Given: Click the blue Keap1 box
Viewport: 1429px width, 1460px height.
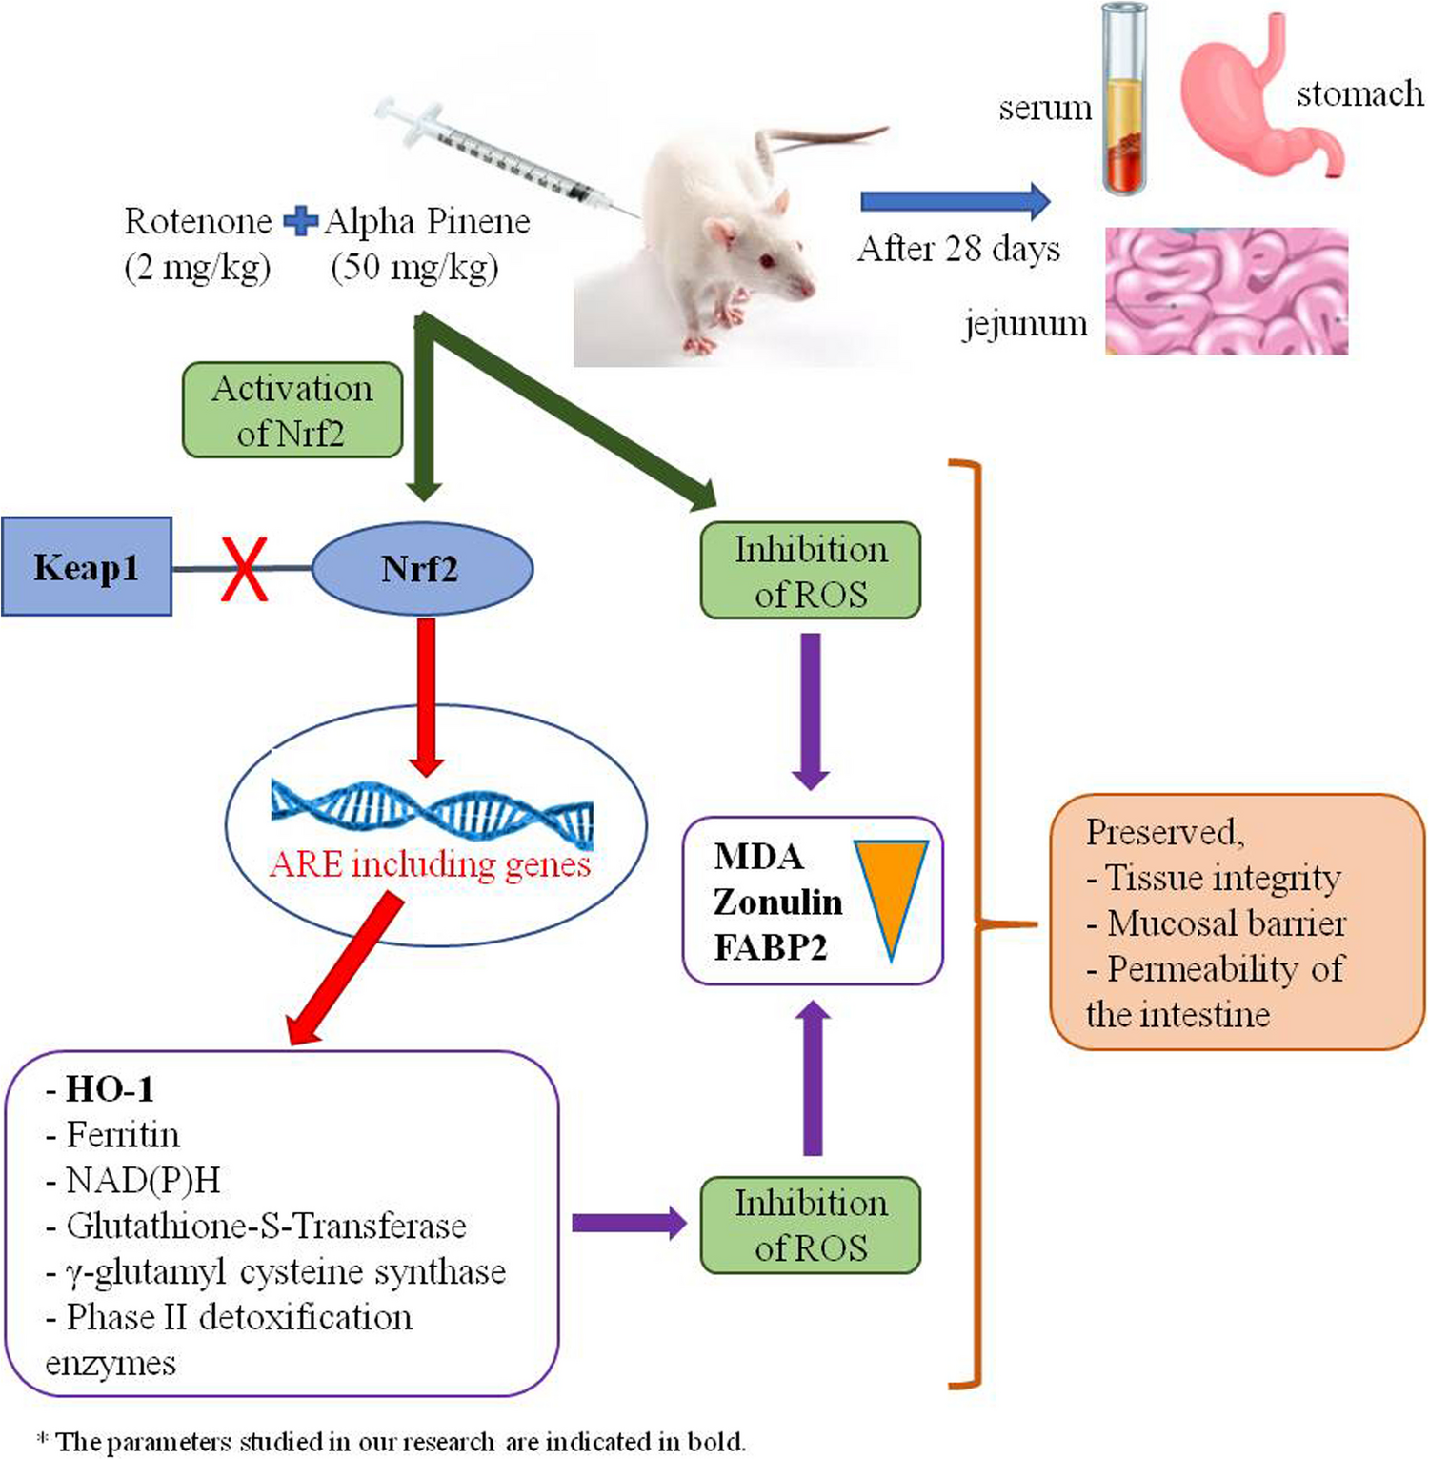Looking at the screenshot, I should point(86,567).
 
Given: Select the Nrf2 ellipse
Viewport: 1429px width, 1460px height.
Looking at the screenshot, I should point(422,569).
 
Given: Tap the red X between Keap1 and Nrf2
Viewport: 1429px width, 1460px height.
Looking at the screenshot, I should point(244,569).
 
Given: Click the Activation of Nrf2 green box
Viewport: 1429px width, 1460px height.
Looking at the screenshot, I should point(292,410).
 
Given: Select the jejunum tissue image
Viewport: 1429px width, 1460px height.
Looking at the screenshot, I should point(1226,291).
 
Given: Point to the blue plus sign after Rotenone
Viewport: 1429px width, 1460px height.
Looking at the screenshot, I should point(300,222).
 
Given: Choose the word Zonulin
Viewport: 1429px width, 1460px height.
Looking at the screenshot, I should point(777,902).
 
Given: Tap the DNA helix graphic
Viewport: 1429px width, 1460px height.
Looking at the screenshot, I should point(432,813).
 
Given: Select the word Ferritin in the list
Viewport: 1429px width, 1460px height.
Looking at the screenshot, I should point(123,1135).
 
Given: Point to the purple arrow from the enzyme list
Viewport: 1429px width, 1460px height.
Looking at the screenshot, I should point(629,1224).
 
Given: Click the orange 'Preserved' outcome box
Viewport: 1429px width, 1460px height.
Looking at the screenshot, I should point(1237,922).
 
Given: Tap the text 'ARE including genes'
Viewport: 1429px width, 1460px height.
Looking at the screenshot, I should point(430,864).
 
